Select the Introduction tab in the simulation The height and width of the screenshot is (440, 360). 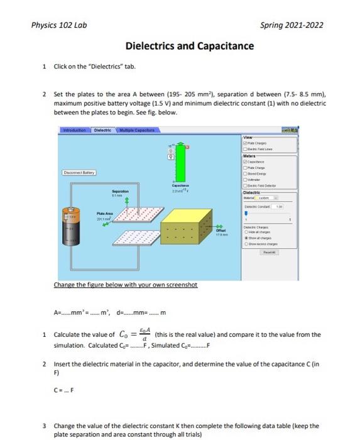pos(74,131)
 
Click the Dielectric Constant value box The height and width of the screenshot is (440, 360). pos(291,206)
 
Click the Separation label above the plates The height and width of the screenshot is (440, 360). pos(122,190)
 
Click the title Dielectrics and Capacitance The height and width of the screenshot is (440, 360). pos(190,47)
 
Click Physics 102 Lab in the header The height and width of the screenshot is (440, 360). pos(59,25)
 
